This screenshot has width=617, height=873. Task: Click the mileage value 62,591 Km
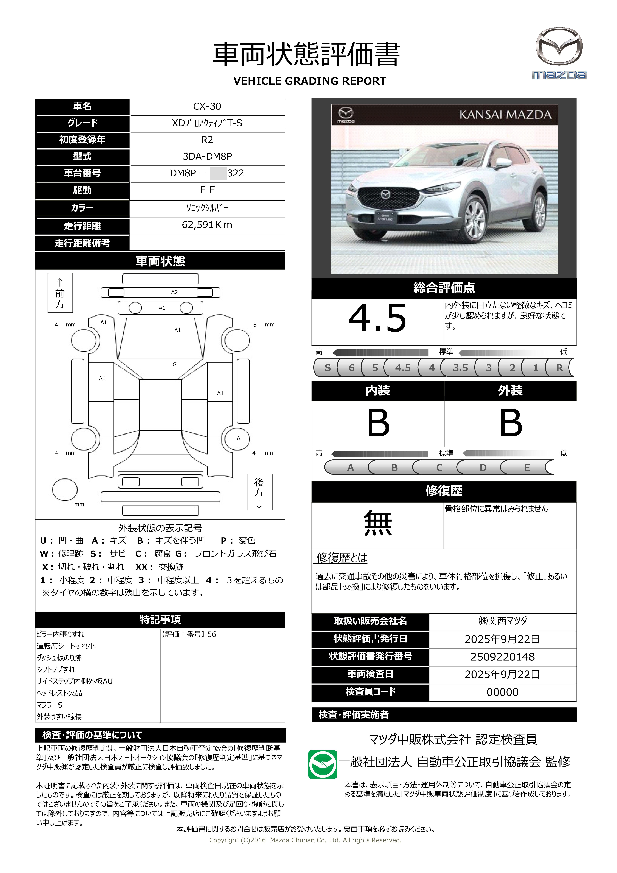[207, 225]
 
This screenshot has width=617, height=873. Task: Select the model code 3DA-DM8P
[207, 156]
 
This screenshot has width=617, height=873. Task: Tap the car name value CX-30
[207, 106]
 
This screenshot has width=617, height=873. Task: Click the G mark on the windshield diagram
[175, 364]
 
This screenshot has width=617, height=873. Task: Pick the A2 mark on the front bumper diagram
[174, 292]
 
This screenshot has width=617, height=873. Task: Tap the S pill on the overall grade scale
[328, 368]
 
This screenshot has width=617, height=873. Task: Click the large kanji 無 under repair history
[378, 523]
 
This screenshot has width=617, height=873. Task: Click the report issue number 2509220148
[502, 657]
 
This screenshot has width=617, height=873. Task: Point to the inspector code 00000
[502, 692]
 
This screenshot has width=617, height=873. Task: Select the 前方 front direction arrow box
[60, 293]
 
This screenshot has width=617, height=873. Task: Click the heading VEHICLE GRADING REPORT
[310, 81]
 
